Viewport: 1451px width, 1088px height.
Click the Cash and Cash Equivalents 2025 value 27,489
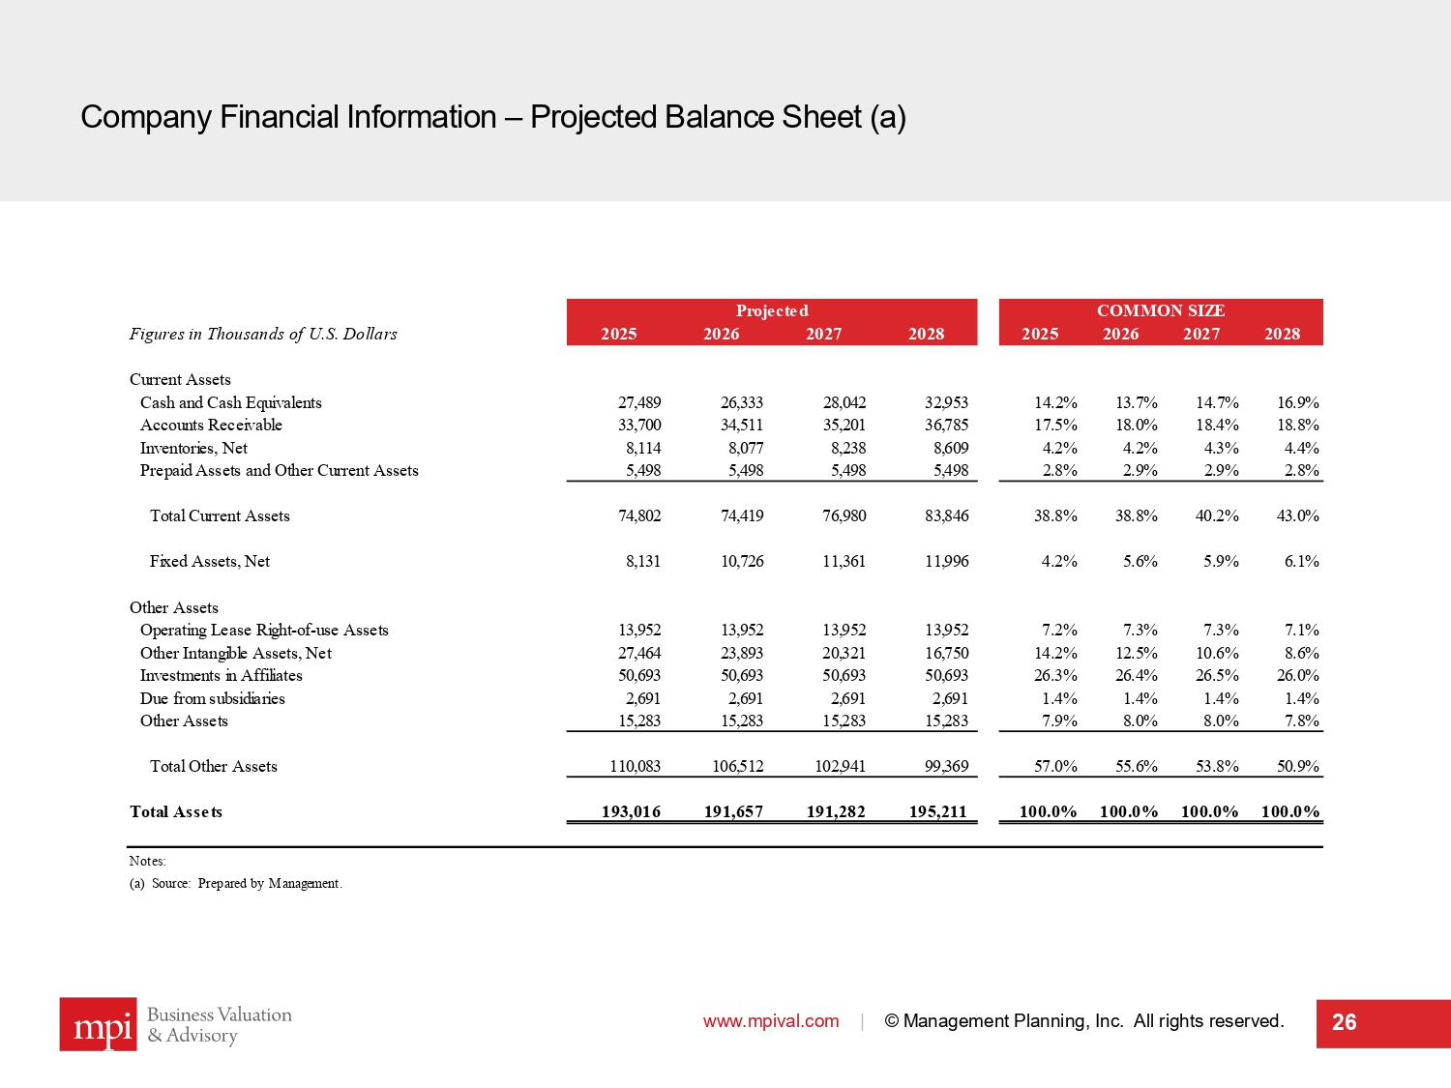click(x=639, y=402)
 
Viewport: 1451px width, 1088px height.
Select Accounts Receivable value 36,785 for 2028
click(x=946, y=425)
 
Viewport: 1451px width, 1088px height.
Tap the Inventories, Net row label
click(x=193, y=448)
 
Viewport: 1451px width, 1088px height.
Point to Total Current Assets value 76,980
click(x=844, y=515)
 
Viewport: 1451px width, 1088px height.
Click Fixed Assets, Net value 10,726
click(x=742, y=561)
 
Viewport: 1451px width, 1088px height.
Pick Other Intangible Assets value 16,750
click(x=946, y=653)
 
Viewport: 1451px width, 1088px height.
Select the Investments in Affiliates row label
click(x=221, y=675)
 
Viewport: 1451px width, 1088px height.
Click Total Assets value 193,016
click(x=631, y=811)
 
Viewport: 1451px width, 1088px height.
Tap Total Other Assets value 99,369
click(x=946, y=766)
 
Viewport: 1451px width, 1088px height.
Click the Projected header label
click(x=772, y=310)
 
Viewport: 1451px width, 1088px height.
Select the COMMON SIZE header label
click(x=1161, y=310)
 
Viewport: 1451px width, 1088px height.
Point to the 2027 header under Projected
click(x=823, y=334)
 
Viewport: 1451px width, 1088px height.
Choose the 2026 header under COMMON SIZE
click(x=1120, y=334)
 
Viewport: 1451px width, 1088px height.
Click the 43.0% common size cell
click(x=1297, y=515)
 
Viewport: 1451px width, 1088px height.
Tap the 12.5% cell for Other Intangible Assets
click(x=1136, y=653)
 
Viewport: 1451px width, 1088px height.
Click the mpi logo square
click(x=98, y=1024)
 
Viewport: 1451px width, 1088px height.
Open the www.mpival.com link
click(x=771, y=1021)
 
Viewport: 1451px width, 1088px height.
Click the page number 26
click(x=1344, y=1022)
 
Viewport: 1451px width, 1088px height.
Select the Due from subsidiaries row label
click(x=212, y=698)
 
